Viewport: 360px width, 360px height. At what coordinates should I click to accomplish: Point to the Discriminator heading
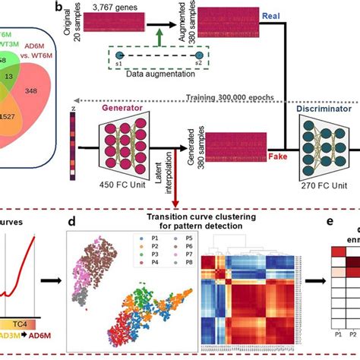coord(318,108)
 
